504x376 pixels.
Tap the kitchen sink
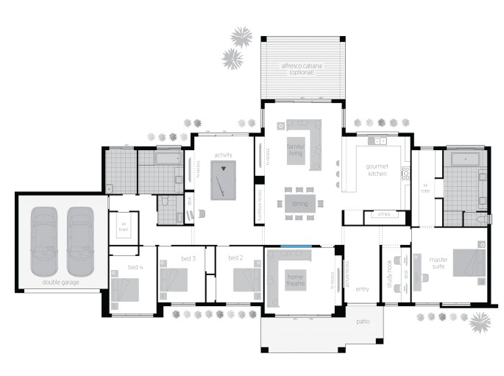[381, 140]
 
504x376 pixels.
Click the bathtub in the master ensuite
[465, 158]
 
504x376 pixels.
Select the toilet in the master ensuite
[483, 219]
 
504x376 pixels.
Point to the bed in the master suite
[468, 263]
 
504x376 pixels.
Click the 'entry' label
[362, 290]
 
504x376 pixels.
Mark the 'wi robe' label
[425, 188]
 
